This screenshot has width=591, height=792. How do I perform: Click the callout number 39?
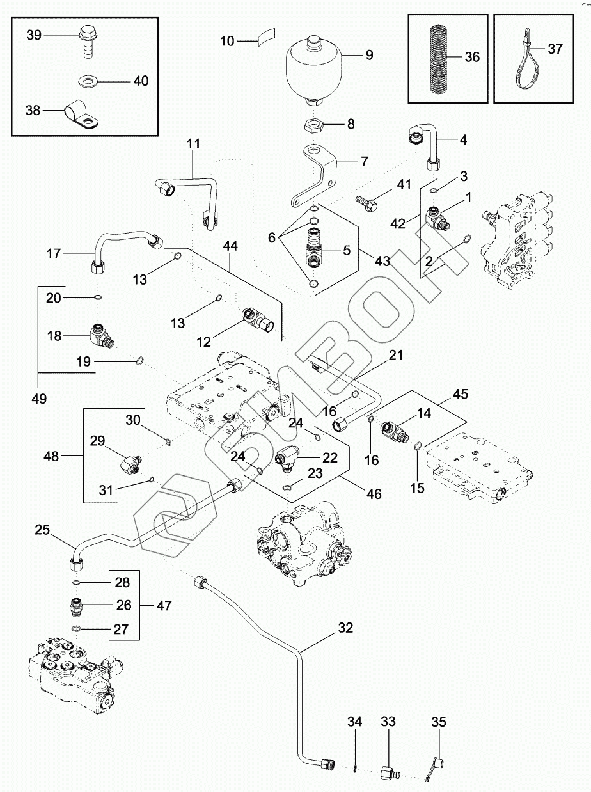coord(34,35)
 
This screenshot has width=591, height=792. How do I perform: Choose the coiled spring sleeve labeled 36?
coord(439,59)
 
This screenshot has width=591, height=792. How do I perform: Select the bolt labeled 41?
coord(367,202)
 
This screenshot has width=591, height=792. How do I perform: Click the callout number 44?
coord(230,246)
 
